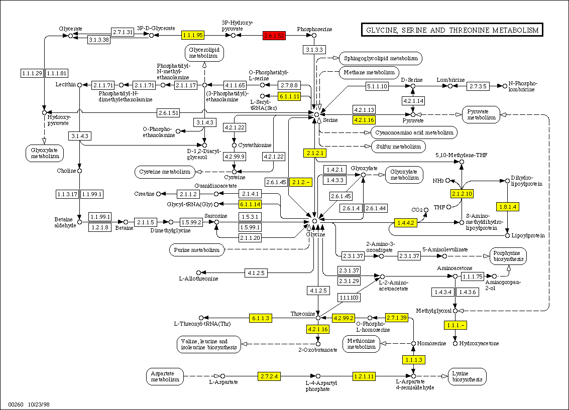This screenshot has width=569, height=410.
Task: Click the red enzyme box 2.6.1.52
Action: (x=274, y=36)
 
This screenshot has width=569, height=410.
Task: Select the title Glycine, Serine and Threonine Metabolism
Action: (x=452, y=31)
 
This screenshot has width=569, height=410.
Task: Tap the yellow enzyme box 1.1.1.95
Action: (x=192, y=35)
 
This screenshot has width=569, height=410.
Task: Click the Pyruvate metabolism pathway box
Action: (x=481, y=114)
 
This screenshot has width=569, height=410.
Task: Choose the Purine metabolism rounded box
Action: (x=196, y=249)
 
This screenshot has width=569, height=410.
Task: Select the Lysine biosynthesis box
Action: (x=467, y=376)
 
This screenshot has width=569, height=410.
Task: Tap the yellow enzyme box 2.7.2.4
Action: (x=269, y=376)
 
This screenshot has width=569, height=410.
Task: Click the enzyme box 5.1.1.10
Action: (x=377, y=86)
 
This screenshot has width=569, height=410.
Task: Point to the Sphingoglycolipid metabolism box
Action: (x=381, y=58)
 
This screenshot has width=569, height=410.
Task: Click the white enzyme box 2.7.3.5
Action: (x=478, y=86)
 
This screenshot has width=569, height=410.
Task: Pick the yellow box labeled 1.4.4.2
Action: (x=406, y=223)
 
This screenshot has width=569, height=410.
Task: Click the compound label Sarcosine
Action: (x=216, y=215)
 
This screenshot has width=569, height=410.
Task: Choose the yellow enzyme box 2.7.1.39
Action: (x=396, y=318)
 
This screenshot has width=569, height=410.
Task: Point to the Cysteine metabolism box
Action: (x=164, y=172)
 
